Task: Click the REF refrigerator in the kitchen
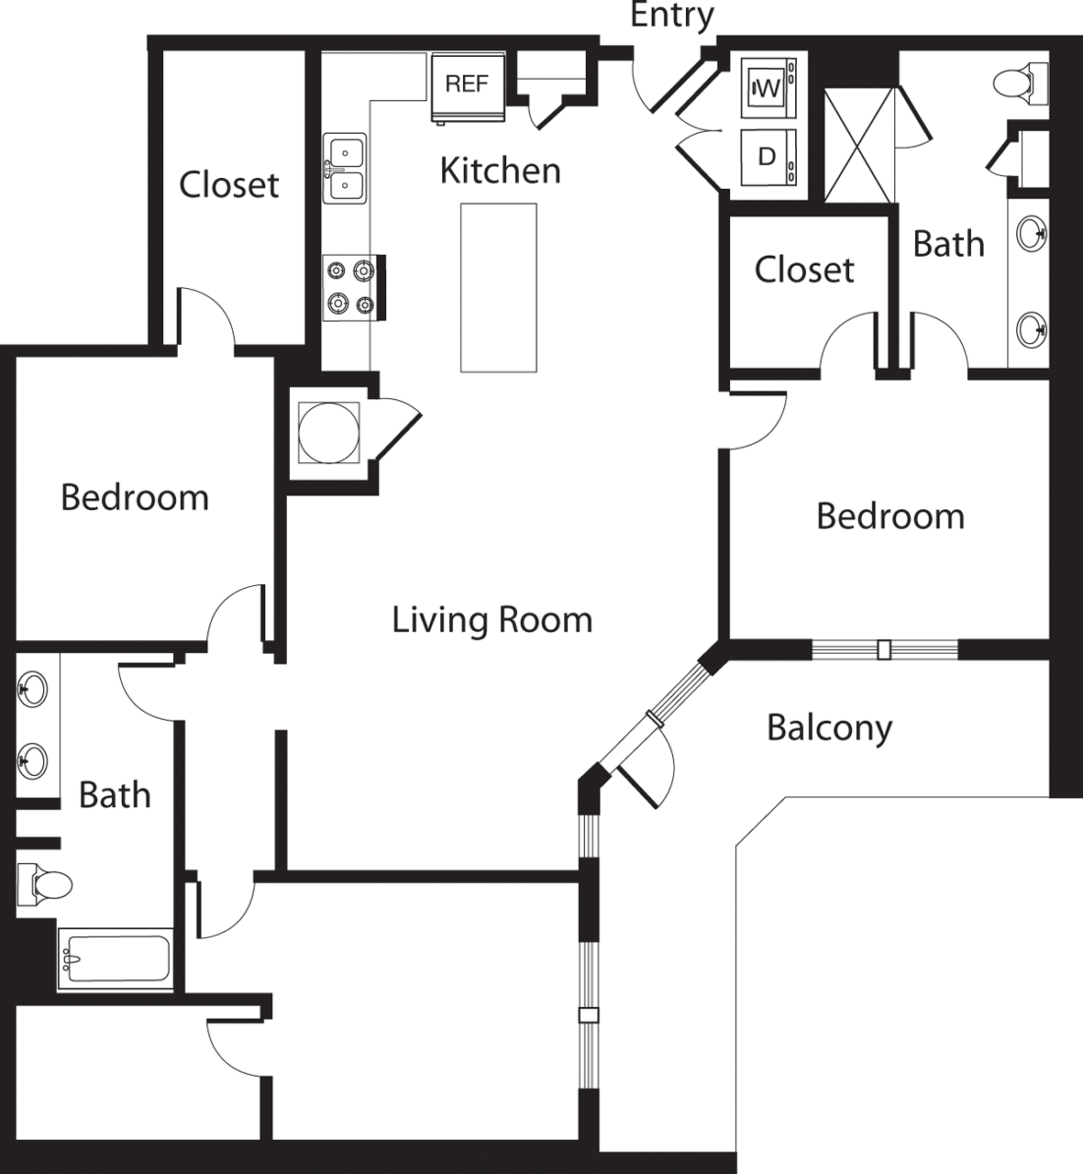[x=469, y=88]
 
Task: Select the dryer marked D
[x=768, y=157]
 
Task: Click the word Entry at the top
[x=673, y=16]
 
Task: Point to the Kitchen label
[x=500, y=171]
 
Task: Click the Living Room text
[x=492, y=620]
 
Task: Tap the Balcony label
[x=829, y=728]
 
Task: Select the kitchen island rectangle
[x=498, y=288]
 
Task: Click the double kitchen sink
[x=345, y=169]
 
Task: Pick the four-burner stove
[x=353, y=288]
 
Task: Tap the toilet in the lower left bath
[x=44, y=884]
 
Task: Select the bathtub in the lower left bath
[x=116, y=958]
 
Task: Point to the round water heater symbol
[x=328, y=433]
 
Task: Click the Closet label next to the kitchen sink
[x=228, y=185]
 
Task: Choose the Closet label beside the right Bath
[x=804, y=270]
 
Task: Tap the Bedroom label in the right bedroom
[x=890, y=516]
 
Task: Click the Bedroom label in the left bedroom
[x=135, y=497]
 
